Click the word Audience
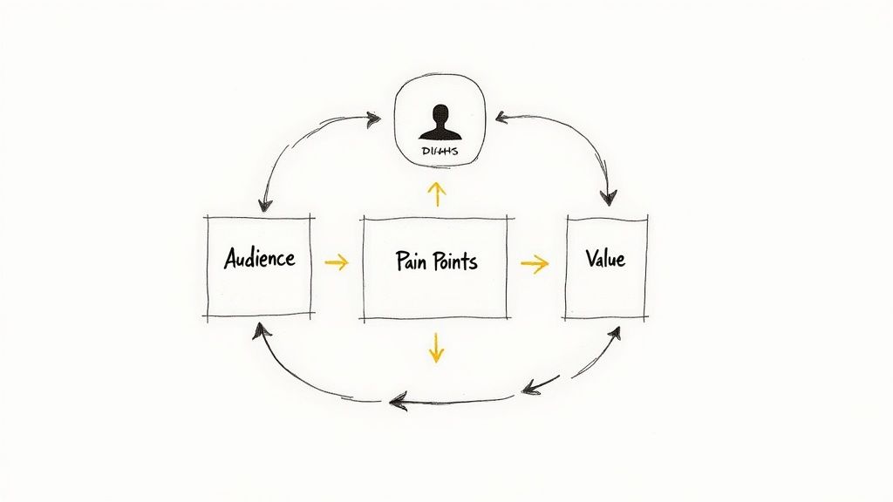click(x=259, y=258)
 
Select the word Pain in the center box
click(x=412, y=260)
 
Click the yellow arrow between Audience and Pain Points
click(x=336, y=261)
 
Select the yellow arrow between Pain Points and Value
click(x=535, y=263)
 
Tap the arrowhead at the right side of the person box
click(x=501, y=116)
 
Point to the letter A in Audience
click(x=232, y=258)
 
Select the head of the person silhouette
click(x=439, y=114)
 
